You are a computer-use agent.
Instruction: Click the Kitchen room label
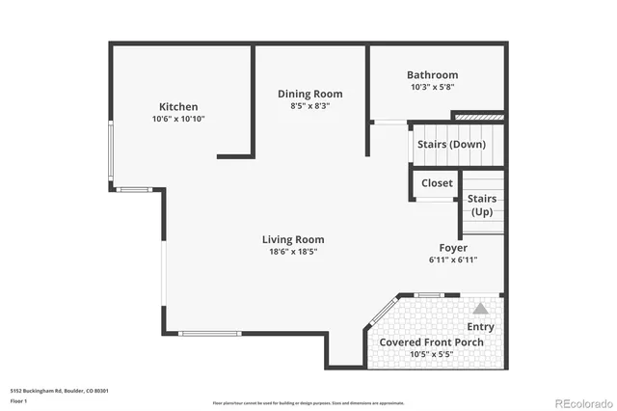178,106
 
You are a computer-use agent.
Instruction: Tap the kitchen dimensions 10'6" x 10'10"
178,119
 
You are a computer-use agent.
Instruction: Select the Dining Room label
309,94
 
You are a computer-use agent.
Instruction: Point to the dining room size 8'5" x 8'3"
309,106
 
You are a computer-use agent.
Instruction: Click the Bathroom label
432,74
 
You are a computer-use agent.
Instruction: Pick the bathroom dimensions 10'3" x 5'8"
432,87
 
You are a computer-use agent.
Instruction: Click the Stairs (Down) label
450,145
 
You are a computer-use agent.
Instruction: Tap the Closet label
437,182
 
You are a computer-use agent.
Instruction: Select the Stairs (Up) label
482,205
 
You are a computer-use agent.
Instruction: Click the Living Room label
293,239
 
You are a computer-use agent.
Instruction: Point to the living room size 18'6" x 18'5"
293,252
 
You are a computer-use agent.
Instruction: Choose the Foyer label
453,248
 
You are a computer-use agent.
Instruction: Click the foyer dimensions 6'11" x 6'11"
453,260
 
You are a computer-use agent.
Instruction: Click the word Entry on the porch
479,327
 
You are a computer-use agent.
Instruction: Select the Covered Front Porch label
431,342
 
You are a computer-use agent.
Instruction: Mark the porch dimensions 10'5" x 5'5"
431,354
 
